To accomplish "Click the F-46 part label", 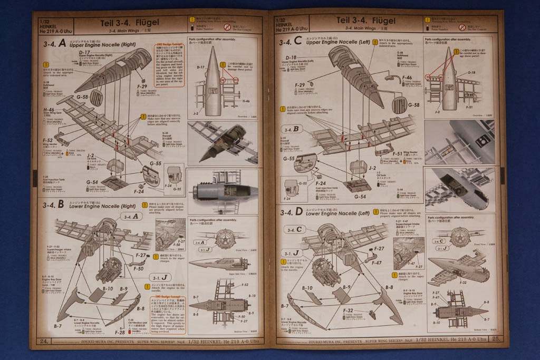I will click(407, 78).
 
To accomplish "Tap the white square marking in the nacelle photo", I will click(481, 141).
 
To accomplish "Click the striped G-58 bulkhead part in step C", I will click(400, 105).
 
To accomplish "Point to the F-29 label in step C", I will click(299, 84).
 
